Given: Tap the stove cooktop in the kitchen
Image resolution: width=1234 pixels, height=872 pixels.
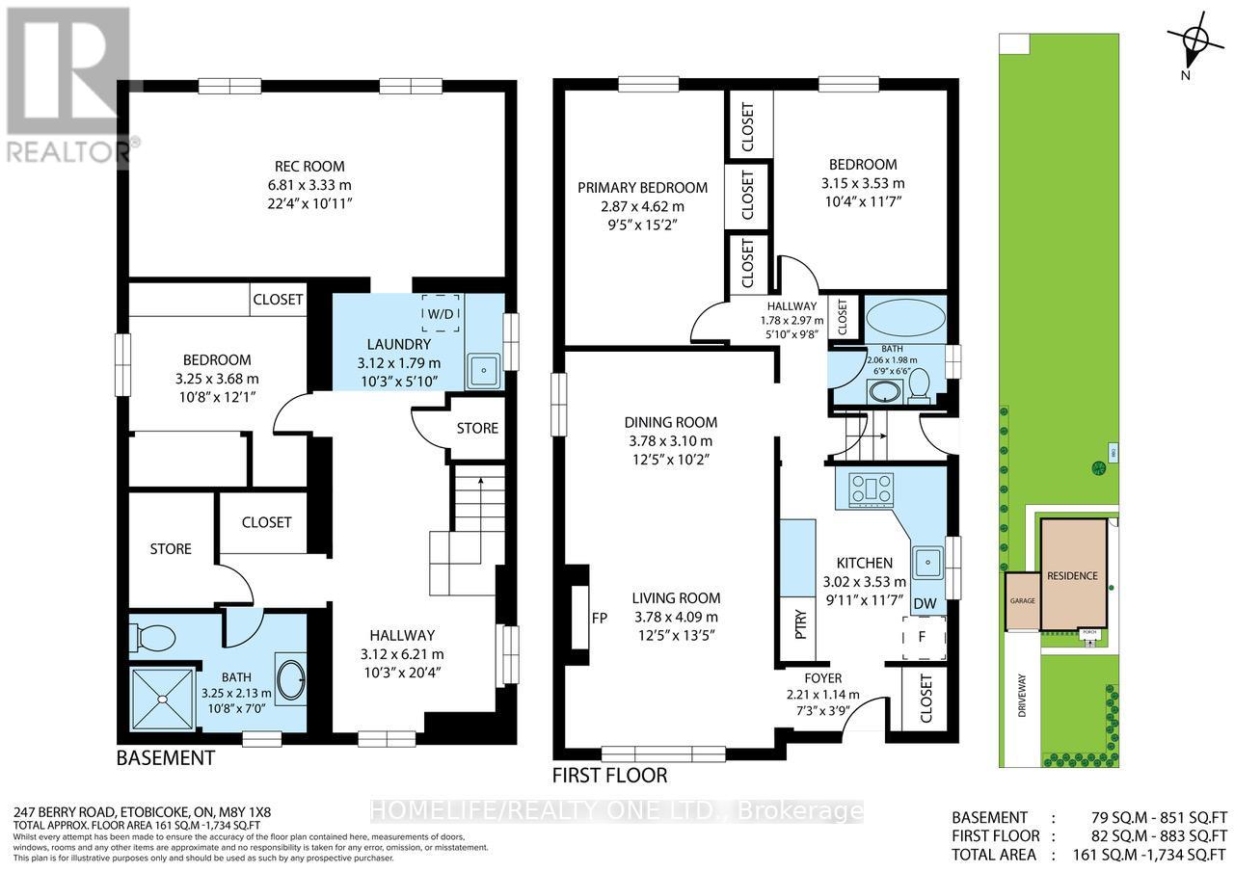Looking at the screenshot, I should click(x=871, y=489).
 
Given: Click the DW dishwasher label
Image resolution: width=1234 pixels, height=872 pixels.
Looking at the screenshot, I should click(x=924, y=603).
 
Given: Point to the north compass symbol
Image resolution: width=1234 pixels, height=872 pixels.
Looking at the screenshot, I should click(x=1194, y=40).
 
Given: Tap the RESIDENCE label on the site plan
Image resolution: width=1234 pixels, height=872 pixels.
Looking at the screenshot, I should click(x=1072, y=575).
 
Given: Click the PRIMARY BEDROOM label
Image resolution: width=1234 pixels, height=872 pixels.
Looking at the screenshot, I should click(x=642, y=188).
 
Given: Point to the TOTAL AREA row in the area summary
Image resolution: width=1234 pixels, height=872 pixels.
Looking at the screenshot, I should click(x=1089, y=855).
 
